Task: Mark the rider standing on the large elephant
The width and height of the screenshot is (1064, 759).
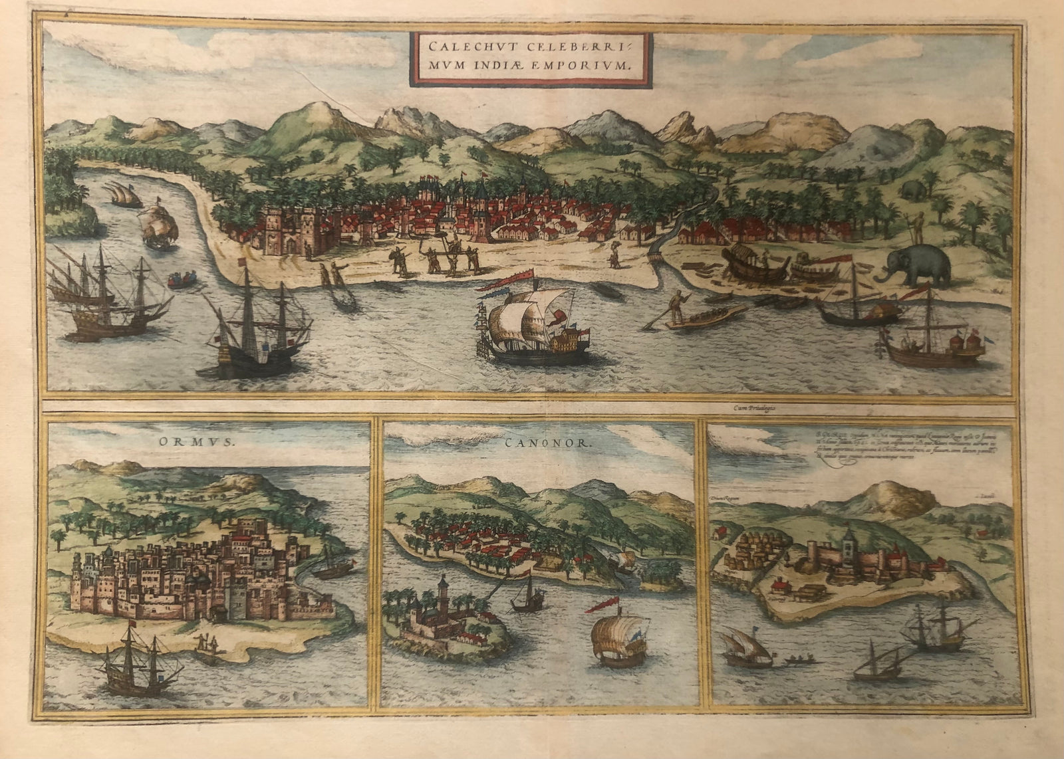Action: click(x=918, y=228)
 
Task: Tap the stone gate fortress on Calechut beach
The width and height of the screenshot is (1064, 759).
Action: click(x=293, y=231)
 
